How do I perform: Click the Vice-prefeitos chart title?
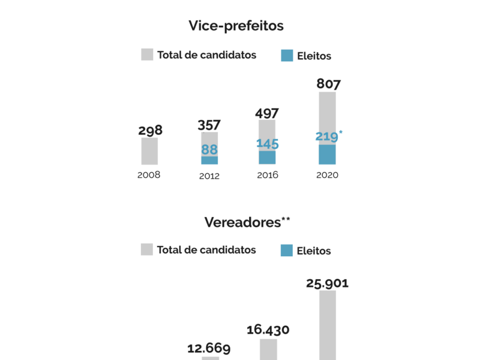click(236, 26)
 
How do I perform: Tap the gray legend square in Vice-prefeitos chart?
click(148, 55)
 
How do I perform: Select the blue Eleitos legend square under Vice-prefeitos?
click(287, 56)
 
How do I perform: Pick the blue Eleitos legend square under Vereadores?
click(287, 250)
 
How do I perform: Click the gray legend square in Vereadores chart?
click(147, 250)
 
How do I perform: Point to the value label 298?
click(150, 130)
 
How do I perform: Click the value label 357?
click(209, 125)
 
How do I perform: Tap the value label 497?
click(267, 113)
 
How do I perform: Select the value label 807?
click(328, 83)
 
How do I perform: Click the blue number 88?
click(209, 149)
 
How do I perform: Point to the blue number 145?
click(267, 143)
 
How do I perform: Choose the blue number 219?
click(327, 136)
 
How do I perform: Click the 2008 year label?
click(149, 175)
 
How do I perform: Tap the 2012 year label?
click(209, 176)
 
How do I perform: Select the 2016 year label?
click(268, 175)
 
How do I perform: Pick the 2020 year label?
click(328, 175)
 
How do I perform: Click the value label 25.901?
click(327, 283)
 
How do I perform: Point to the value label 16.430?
click(268, 329)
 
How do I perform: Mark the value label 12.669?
click(209, 348)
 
